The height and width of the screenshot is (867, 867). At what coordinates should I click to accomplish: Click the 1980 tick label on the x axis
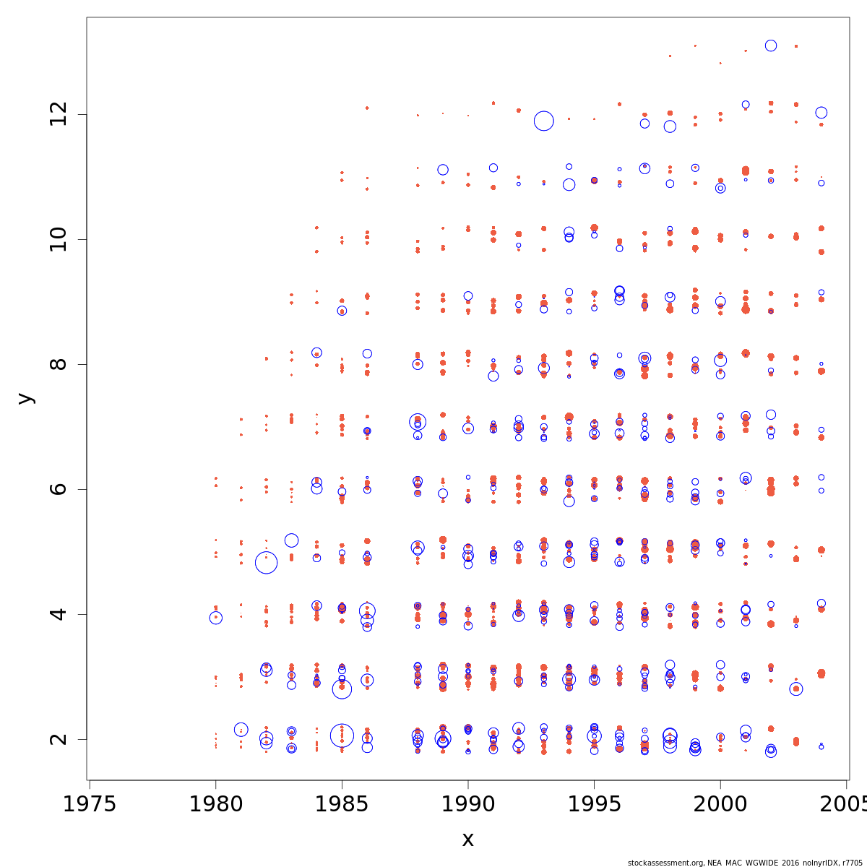coord(215,804)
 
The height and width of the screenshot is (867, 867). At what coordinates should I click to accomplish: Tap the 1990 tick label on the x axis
coord(467,804)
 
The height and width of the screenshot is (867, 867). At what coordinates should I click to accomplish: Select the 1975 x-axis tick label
coord(90,804)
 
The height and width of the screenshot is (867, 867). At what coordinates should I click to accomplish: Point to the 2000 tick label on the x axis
coord(720,804)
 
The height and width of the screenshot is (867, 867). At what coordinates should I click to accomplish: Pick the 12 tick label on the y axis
coord(58,114)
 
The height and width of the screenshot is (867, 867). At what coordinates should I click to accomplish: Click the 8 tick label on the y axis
coord(58,364)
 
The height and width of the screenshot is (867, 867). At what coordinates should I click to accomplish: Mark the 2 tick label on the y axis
coord(58,739)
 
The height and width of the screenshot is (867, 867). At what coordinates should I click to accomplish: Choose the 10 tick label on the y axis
coord(58,239)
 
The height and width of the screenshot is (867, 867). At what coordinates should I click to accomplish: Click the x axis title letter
coord(467,840)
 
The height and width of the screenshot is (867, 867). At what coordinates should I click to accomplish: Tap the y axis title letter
coord(25,398)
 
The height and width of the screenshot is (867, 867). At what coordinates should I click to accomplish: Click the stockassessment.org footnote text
coord(745,863)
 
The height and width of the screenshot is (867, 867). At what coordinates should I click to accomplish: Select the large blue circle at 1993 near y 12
coord(544,121)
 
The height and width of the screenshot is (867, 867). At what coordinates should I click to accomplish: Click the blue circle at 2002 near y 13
coord(771,46)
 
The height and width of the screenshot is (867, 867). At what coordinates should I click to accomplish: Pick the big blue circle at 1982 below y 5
coord(266,562)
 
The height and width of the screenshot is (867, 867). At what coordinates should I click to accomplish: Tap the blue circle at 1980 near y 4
coord(215,618)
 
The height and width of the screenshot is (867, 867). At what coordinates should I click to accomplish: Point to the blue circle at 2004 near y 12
coord(821,113)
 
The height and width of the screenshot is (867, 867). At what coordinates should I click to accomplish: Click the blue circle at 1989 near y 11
coord(443,170)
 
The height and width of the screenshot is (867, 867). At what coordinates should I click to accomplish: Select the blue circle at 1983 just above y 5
coord(291,540)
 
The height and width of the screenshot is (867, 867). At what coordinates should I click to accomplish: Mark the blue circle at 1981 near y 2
coord(241,730)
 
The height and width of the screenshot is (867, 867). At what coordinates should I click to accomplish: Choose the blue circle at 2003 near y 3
coord(796,689)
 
